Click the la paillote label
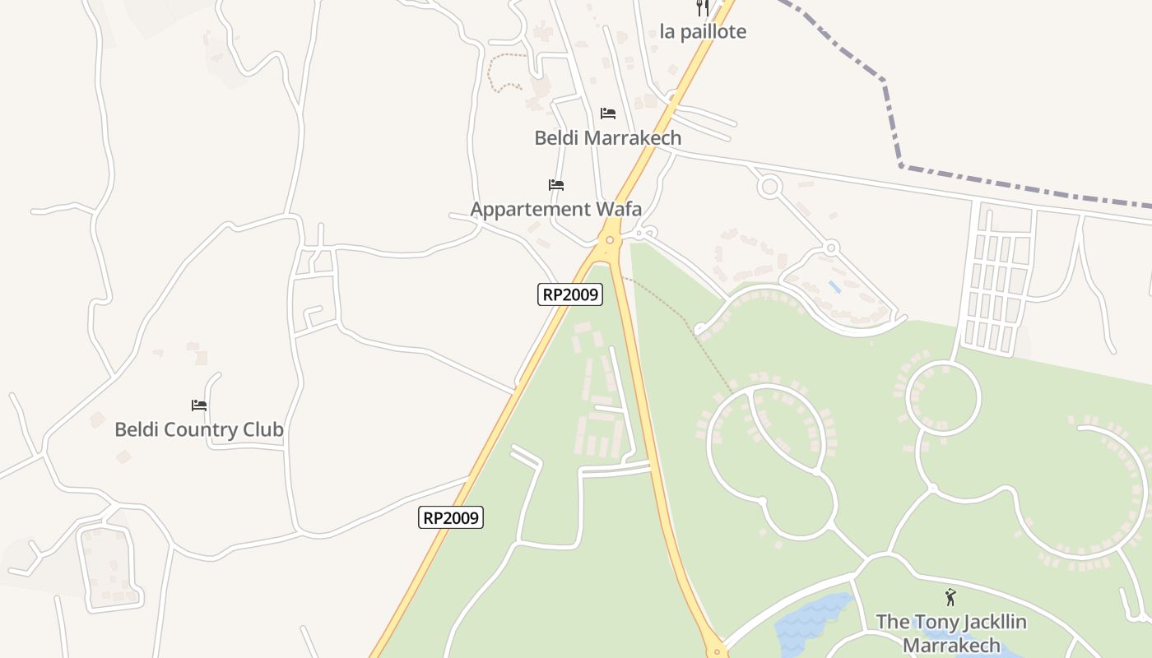pyautogui.click(x=703, y=32)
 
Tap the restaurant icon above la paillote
pyautogui.click(x=703, y=7)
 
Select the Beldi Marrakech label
pyautogui.click(x=608, y=137)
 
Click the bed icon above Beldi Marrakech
pyautogui.click(x=608, y=113)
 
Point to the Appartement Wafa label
pyautogui.click(x=555, y=209)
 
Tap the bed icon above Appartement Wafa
pyautogui.click(x=556, y=184)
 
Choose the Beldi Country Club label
pyautogui.click(x=199, y=429)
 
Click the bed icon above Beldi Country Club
pyautogui.click(x=199, y=405)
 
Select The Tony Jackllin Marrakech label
pyautogui.click(x=951, y=633)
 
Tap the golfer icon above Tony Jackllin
pyautogui.click(x=951, y=598)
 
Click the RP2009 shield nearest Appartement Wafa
pyautogui.click(x=570, y=294)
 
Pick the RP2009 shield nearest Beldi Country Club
pyautogui.click(x=451, y=517)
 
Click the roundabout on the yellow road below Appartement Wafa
pyautogui.click(x=610, y=240)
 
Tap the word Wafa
pyautogui.click(x=618, y=209)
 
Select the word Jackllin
pyautogui.click(x=987, y=622)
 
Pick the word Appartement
pyautogui.click(x=531, y=209)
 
